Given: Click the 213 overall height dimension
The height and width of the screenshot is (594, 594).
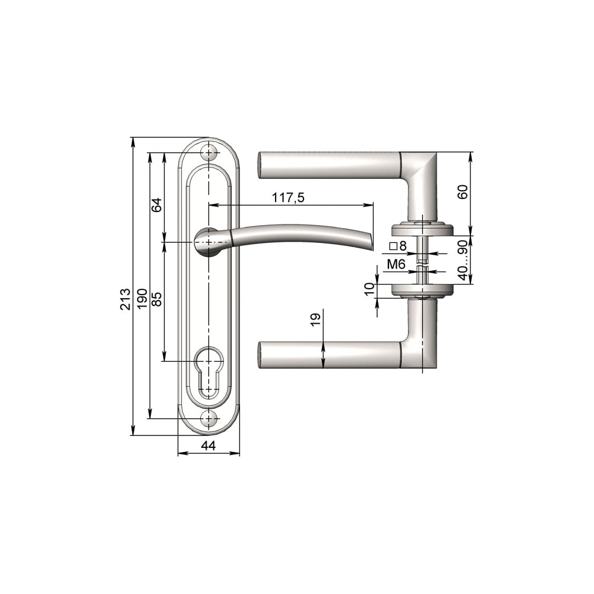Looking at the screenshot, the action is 125,299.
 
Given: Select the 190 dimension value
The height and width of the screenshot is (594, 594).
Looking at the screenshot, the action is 142,299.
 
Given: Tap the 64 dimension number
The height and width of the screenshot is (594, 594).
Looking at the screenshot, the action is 157,205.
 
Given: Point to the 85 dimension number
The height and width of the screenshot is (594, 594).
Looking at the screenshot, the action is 157,299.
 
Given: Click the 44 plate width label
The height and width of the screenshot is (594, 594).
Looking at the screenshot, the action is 208,446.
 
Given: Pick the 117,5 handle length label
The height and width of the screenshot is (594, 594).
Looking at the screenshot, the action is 288,197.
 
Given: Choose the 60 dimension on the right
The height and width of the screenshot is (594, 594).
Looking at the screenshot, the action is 463,192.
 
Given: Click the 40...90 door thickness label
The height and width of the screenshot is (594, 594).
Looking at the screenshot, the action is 463,260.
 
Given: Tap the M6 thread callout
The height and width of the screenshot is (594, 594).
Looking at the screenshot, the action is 396,264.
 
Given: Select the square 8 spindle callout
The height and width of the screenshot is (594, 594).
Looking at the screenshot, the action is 398,246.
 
